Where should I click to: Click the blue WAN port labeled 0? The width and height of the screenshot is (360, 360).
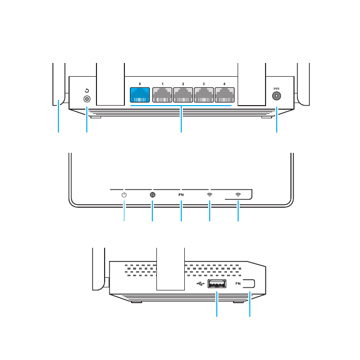pyautogui.click(x=140, y=95)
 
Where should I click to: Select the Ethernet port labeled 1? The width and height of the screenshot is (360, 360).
pyautogui.click(x=162, y=95)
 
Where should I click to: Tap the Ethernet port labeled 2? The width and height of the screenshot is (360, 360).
pyautogui.click(x=183, y=95)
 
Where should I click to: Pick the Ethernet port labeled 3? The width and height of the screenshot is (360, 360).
pyautogui.click(x=204, y=95)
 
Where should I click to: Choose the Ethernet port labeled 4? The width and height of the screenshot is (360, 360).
pyautogui.click(x=224, y=95)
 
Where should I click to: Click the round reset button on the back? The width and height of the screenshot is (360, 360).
pyautogui.click(x=87, y=100)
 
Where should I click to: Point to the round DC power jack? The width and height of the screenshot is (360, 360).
pyautogui.click(x=277, y=100)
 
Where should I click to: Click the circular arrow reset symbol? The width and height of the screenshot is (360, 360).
pyautogui.click(x=87, y=91)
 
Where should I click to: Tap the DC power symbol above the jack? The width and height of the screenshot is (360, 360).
pyautogui.click(x=277, y=89)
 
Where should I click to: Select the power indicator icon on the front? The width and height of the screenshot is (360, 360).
pyautogui.click(x=124, y=194)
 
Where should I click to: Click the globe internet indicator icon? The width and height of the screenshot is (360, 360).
pyautogui.click(x=153, y=194)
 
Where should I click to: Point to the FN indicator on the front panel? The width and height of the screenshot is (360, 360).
pyautogui.click(x=181, y=194)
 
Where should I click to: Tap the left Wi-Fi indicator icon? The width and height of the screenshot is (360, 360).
pyautogui.click(x=210, y=194)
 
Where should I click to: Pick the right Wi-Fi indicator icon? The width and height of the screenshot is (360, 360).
pyautogui.click(x=238, y=194)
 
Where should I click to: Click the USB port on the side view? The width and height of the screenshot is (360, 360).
pyautogui.click(x=218, y=284)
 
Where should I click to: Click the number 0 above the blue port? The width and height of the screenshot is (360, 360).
pyautogui.click(x=140, y=83)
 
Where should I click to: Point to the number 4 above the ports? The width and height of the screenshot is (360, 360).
pyautogui.click(x=224, y=83)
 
